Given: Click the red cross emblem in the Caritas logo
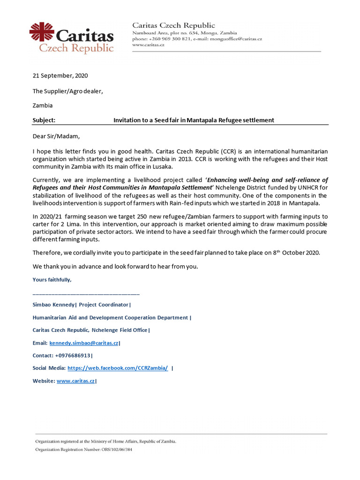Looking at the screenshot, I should (41, 33).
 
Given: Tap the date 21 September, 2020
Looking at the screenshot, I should (60, 75).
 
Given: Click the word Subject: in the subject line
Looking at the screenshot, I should (44, 120).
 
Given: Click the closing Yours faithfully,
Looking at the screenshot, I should (52, 280).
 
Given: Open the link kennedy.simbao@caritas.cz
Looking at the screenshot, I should (84, 343).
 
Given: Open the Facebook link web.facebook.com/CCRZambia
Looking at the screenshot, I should (118, 368).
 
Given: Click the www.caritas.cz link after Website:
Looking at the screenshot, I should (75, 381).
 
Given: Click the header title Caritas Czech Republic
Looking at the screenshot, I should (173, 25).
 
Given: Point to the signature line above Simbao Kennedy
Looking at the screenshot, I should (86, 293).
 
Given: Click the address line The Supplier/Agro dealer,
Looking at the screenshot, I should (67, 91).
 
